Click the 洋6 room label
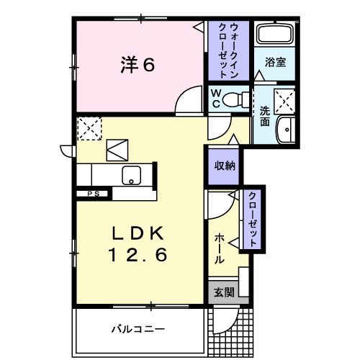click(x=137, y=65)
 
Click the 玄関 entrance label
click(x=223, y=292)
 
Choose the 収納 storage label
click(x=224, y=166)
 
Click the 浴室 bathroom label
click(x=274, y=63)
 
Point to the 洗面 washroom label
click(x=265, y=117)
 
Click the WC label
click(x=215, y=99)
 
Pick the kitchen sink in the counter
click(x=132, y=175)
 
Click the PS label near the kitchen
click(x=94, y=194)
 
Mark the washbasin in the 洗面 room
click(x=286, y=130)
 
